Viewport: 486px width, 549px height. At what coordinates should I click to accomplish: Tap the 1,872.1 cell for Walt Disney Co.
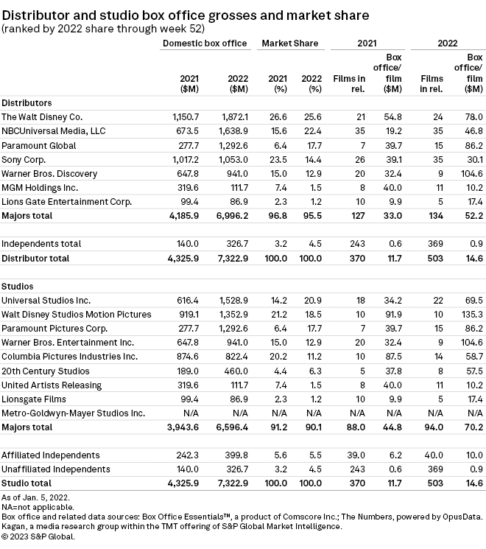click(233, 117)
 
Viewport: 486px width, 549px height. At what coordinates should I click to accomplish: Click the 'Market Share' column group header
click(289, 43)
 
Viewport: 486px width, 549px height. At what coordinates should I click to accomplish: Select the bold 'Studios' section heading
click(19, 286)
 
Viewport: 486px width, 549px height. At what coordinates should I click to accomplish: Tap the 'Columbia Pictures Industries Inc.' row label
click(69, 356)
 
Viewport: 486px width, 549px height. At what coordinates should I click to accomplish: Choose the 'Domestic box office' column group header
click(204, 43)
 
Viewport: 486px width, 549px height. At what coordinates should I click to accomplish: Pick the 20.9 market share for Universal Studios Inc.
click(311, 301)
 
